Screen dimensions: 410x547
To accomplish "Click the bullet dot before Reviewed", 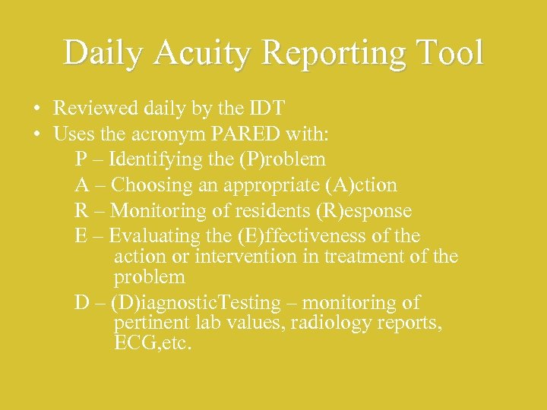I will click(x=36, y=109).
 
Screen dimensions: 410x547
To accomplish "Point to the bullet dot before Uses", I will click(x=36, y=134).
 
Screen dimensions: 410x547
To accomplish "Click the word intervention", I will click(x=246, y=256).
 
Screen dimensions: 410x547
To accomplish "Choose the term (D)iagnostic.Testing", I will click(x=195, y=302).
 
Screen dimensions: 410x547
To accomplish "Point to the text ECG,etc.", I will click(x=153, y=343).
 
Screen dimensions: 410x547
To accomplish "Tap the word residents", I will click(x=263, y=210).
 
